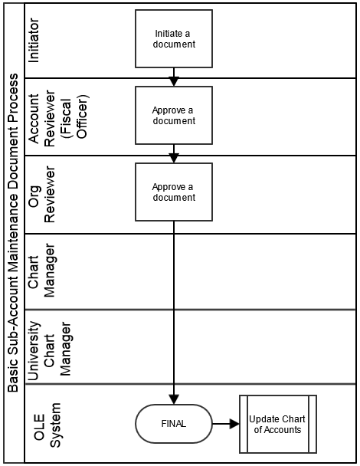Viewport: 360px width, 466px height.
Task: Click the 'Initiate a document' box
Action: [x=174, y=38]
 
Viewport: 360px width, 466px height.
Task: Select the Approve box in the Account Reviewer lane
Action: [x=174, y=115]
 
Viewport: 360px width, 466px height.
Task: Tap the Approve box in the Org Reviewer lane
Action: [x=174, y=192]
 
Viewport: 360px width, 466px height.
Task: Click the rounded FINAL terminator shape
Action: [x=174, y=424]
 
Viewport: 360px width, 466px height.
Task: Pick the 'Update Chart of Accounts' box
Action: [x=278, y=424]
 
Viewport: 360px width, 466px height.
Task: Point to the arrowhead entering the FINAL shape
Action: [x=174, y=399]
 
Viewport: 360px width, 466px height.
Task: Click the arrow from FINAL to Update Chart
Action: [x=226, y=424]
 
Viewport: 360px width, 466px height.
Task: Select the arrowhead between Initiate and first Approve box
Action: [x=174, y=81]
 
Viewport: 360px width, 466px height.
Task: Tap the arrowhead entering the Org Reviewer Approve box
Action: [x=174, y=158]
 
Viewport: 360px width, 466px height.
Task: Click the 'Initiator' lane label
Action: [x=34, y=41]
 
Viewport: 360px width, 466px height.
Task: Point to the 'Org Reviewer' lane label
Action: [x=41, y=195]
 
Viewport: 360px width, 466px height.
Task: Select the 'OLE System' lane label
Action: [x=47, y=425]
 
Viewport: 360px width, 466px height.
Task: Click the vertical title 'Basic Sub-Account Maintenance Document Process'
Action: [x=12, y=233]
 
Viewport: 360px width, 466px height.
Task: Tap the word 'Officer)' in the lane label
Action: [x=82, y=116]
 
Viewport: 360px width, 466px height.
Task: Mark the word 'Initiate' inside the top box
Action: [x=165, y=33]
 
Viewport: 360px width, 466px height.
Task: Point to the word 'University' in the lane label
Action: [x=34, y=351]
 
